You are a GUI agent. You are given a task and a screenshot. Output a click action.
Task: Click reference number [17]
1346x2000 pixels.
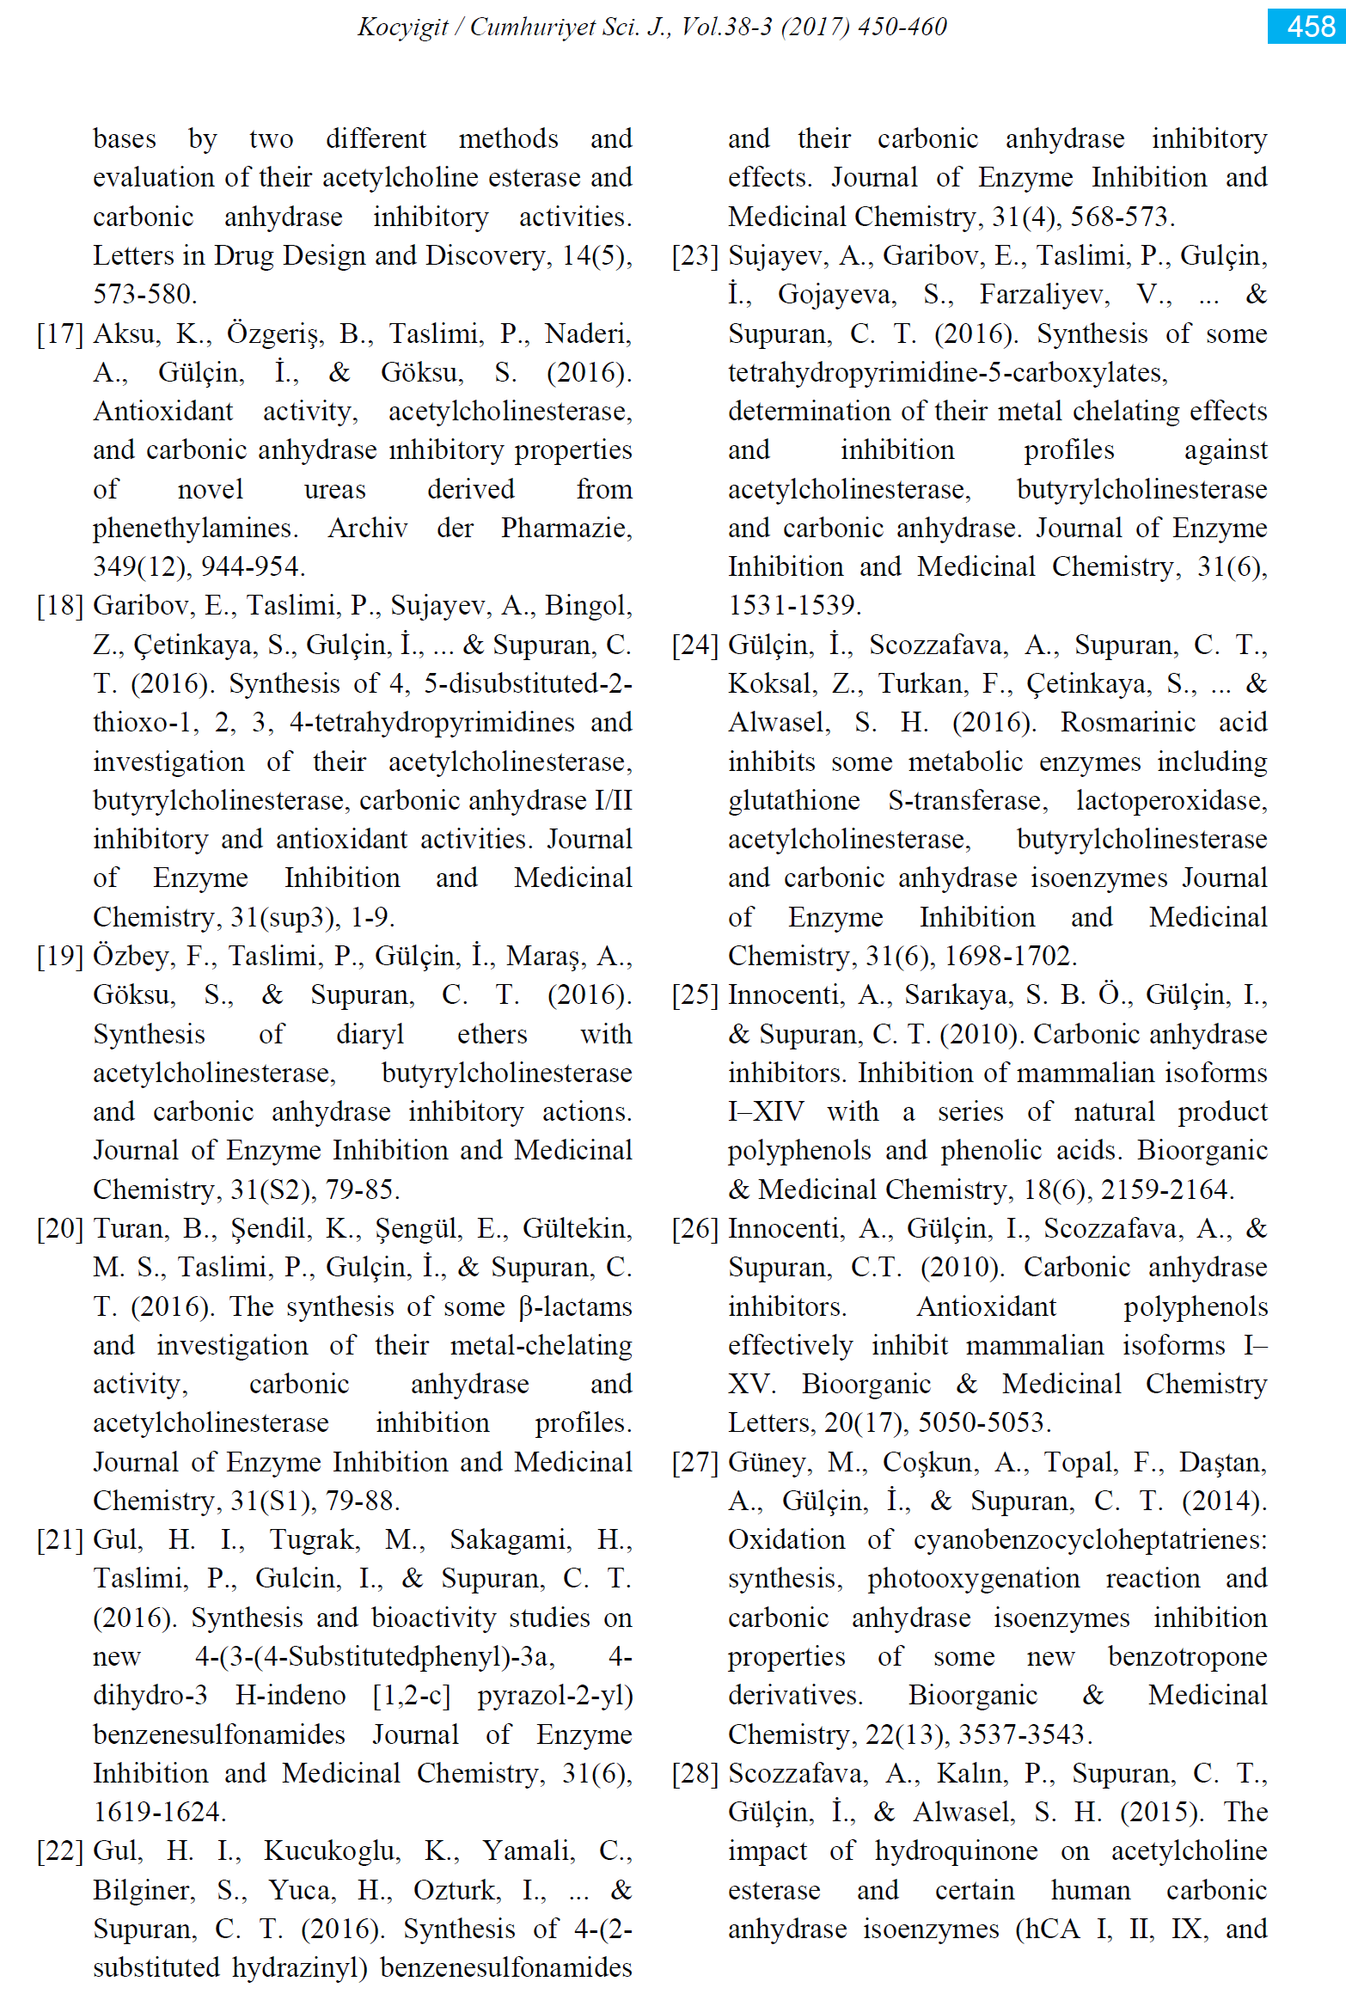tap(59, 333)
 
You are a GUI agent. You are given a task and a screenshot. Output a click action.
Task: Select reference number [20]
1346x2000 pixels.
tap(59, 1228)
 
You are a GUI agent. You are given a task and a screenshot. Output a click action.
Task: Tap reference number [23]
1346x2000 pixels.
tap(694, 255)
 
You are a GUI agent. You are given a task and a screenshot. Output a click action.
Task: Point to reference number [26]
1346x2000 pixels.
tap(694, 1228)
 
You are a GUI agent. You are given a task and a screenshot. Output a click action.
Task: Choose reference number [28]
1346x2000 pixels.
tap(694, 1772)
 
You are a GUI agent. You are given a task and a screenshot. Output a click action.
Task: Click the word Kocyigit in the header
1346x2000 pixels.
tap(402, 27)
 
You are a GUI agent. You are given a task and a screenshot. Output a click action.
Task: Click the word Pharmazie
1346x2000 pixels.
tap(566, 528)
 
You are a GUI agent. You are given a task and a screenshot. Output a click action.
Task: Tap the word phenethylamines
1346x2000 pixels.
tap(195, 528)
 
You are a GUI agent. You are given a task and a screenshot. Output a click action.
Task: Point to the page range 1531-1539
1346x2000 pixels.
tap(793, 605)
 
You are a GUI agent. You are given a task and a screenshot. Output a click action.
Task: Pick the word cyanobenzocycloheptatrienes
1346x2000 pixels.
tap(1089, 1539)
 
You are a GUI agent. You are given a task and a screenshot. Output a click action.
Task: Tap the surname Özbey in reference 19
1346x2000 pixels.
tap(131, 956)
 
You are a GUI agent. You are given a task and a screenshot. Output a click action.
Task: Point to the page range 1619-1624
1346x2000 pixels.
tap(159, 1812)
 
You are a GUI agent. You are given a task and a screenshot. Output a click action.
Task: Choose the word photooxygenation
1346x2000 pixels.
tap(973, 1578)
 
